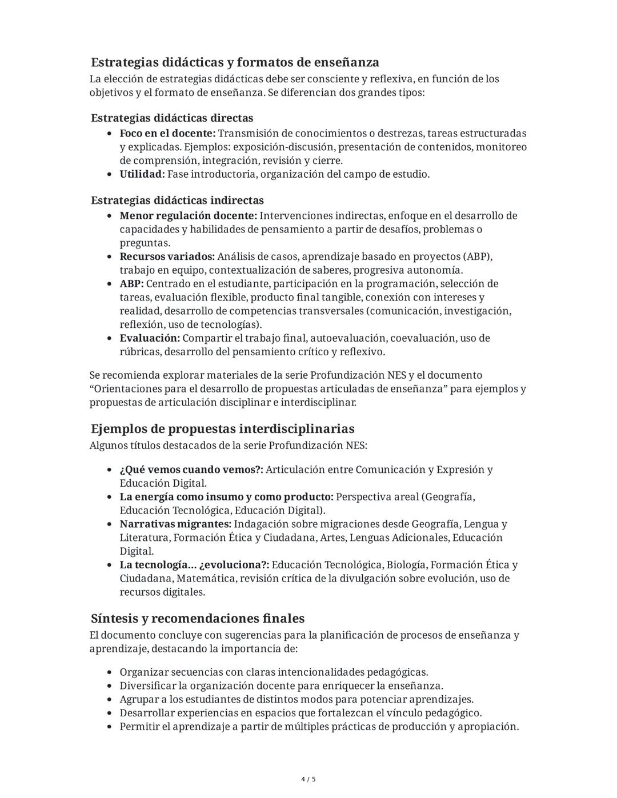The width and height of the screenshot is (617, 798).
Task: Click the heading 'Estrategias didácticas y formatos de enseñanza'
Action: [235, 62]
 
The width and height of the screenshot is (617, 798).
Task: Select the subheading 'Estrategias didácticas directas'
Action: [172, 118]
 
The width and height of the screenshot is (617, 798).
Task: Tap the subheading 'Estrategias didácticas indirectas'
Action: [177, 200]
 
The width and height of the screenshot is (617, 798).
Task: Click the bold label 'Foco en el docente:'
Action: [167, 133]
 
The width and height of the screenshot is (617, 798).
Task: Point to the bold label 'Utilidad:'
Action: [142, 174]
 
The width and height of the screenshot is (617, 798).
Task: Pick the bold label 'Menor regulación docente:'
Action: [188, 215]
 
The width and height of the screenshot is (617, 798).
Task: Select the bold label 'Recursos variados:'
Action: [167, 256]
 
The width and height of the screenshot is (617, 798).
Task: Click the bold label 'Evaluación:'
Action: [150, 338]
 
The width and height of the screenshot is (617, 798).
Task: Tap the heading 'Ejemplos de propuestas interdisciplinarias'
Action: [222, 428]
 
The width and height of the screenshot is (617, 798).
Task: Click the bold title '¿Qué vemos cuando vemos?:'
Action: [191, 470]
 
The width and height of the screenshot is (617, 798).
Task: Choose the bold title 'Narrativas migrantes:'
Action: [175, 524]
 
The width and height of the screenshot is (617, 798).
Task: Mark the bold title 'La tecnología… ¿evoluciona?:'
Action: [194, 565]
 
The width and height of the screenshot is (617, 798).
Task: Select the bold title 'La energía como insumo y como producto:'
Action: [226, 497]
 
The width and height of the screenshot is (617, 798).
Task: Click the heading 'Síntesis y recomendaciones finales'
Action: [197, 618]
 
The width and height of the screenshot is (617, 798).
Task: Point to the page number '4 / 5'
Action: [308, 779]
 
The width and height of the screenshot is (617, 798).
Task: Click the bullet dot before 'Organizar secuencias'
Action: [109, 672]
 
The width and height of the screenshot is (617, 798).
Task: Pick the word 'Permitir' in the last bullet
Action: [139, 727]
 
